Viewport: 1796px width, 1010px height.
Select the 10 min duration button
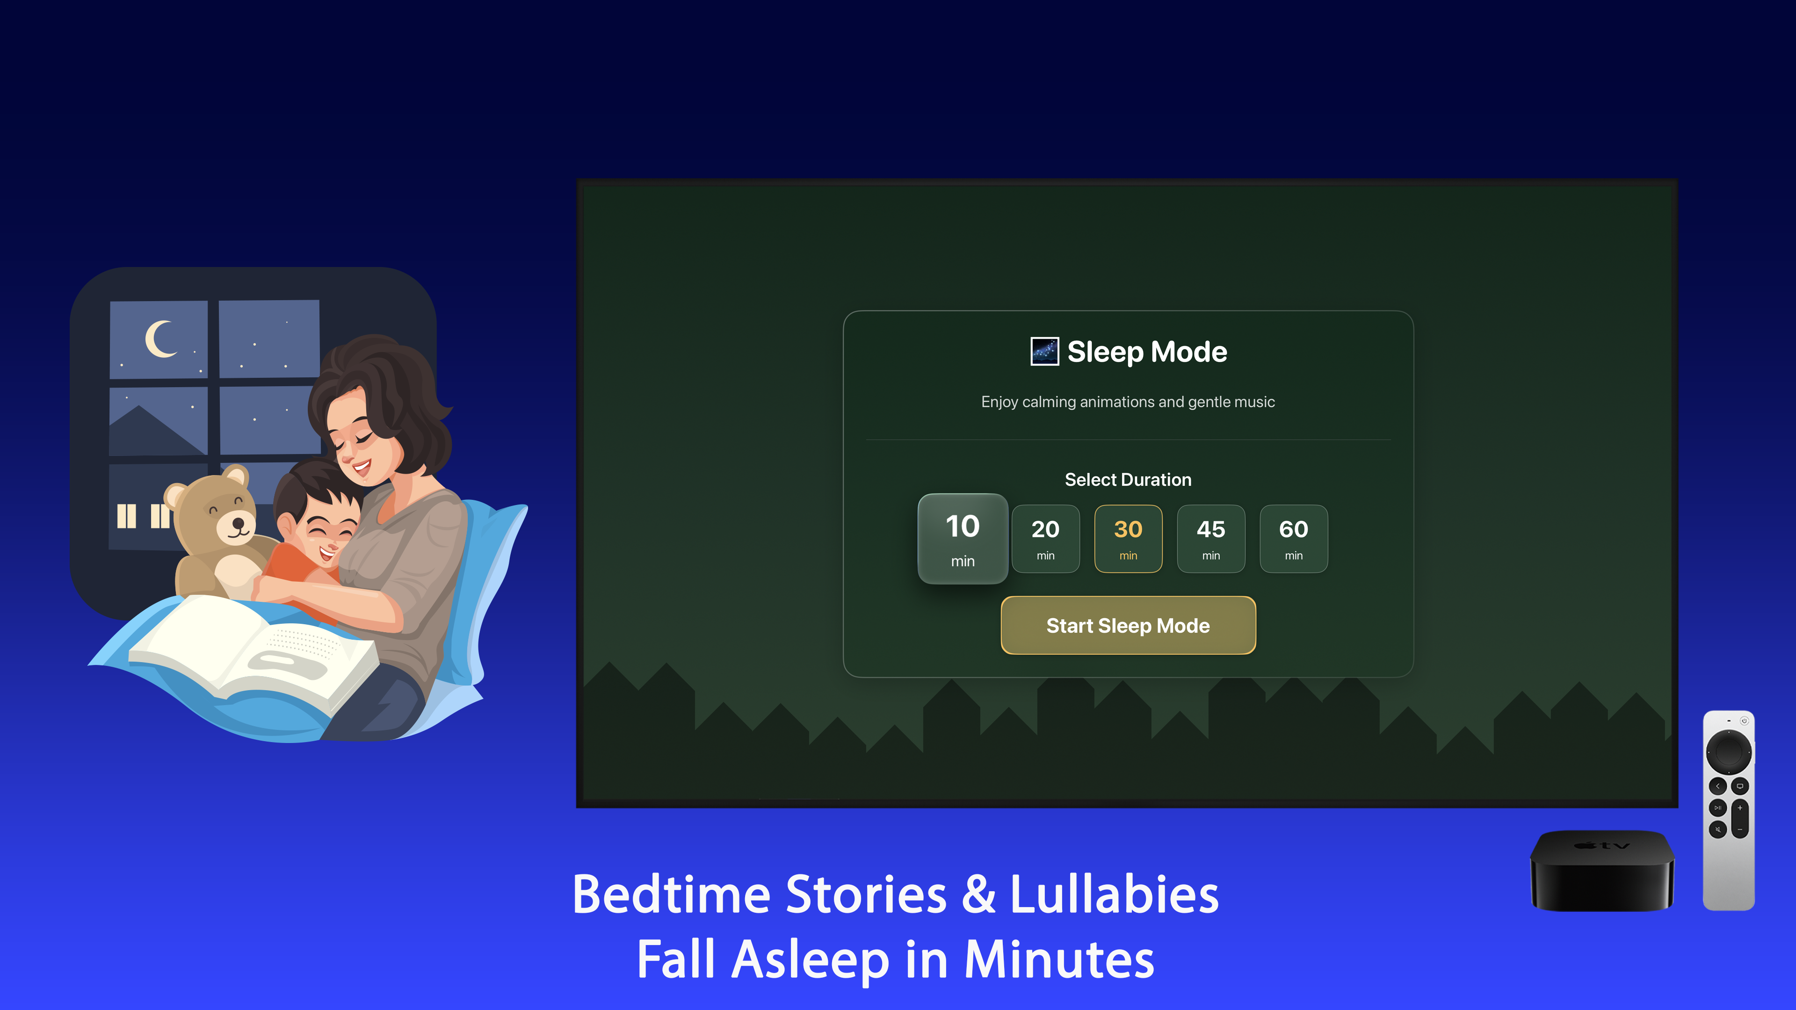coord(962,539)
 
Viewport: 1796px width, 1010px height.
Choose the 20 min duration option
coord(1045,539)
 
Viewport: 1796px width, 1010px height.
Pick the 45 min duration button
coord(1210,539)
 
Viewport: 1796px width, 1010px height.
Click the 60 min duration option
coord(1293,539)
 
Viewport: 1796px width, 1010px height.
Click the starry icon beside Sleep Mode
coord(1044,351)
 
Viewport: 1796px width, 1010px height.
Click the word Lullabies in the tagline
coord(1114,895)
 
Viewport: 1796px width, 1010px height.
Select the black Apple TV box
coord(1601,871)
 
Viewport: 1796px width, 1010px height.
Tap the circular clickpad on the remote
coord(1728,751)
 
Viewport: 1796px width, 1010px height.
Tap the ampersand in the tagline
coord(978,895)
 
